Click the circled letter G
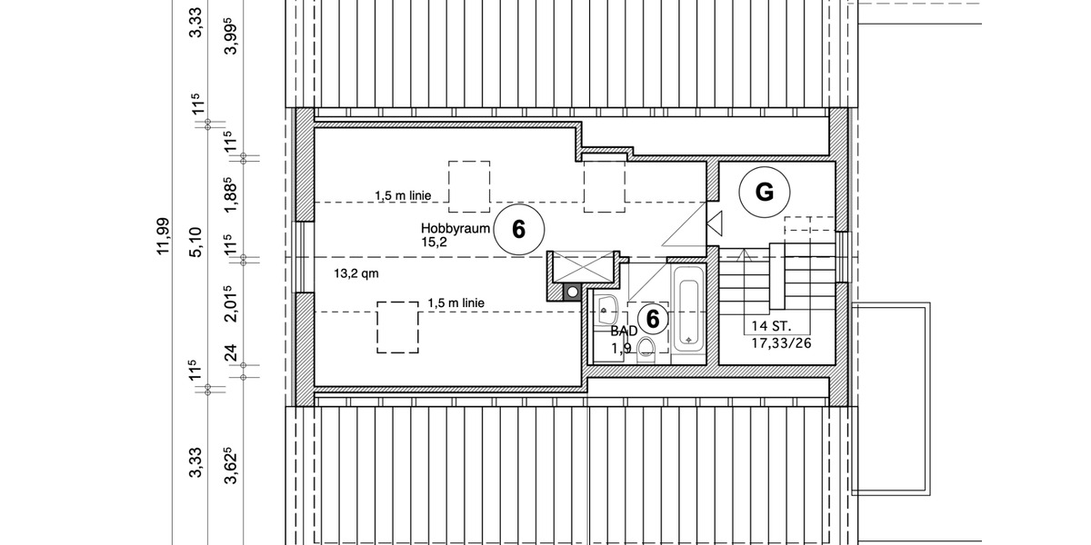(x=764, y=193)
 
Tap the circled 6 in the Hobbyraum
(x=518, y=229)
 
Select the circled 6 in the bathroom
(x=652, y=319)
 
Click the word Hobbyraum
(x=455, y=227)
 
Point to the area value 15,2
(x=435, y=243)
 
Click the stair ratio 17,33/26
(x=780, y=344)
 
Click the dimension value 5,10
(x=195, y=244)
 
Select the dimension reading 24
(x=231, y=352)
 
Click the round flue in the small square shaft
(x=571, y=291)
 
